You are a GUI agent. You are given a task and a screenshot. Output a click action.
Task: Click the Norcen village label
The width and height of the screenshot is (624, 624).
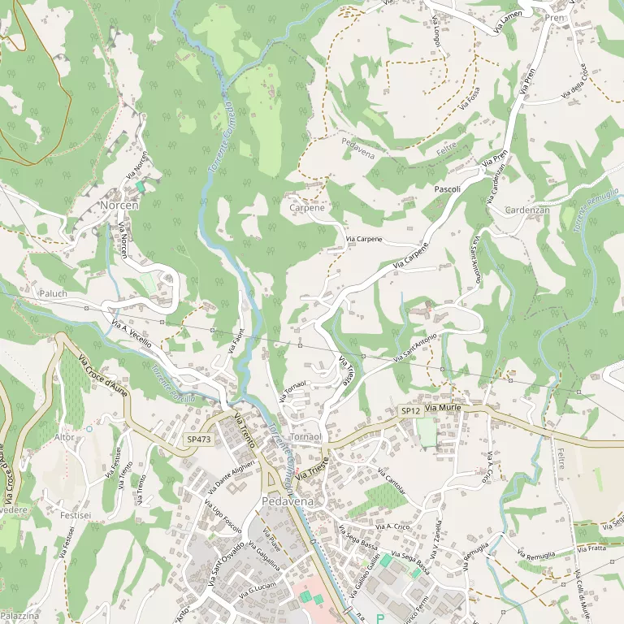point(119,206)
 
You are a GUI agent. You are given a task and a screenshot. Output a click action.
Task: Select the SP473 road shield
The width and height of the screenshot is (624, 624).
point(198,440)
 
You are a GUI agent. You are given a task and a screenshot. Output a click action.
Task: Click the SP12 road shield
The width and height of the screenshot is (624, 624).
point(409,412)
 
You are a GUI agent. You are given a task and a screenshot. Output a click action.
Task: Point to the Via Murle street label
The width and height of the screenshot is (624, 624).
point(443,407)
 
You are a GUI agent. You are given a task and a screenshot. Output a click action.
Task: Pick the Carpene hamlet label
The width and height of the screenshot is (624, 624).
point(307,208)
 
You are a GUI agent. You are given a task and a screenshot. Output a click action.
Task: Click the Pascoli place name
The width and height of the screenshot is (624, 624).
point(448,189)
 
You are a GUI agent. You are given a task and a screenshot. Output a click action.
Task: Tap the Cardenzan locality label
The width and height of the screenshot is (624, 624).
point(527,210)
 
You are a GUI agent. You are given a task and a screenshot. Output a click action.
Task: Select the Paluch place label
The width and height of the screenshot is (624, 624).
point(53,292)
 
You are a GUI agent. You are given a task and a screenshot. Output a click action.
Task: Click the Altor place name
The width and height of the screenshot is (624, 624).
point(64,437)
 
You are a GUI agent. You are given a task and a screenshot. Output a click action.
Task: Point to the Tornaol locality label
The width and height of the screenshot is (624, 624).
point(306,437)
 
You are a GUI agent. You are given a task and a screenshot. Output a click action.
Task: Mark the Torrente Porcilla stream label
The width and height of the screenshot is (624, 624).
point(172,385)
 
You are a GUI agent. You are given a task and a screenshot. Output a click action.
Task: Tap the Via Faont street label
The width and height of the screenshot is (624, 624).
point(236,340)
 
